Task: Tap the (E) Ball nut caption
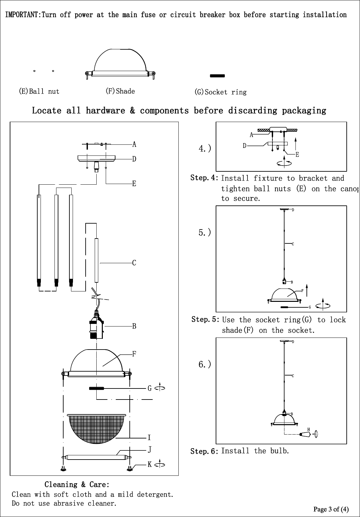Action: pyautogui.click(x=39, y=92)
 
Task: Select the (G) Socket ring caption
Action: pyautogui.click(x=221, y=92)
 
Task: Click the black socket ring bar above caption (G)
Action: pyautogui.click(x=217, y=76)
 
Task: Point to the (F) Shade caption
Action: pyautogui.click(x=120, y=91)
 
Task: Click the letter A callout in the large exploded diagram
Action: pyautogui.click(x=134, y=144)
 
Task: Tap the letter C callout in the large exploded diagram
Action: pyautogui.click(x=134, y=263)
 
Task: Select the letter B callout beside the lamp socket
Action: pyautogui.click(x=134, y=326)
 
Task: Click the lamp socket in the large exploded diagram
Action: pyautogui.click(x=96, y=326)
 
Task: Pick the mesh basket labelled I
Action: pyautogui.click(x=96, y=428)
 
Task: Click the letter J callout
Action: pyautogui.click(x=150, y=449)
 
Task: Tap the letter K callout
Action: pyautogui.click(x=150, y=464)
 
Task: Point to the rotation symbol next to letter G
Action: pyautogui.click(x=160, y=388)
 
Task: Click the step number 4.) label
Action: pyautogui.click(x=205, y=148)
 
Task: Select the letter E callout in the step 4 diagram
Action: pyautogui.click(x=297, y=154)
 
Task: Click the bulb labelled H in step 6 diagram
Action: pyautogui.click(x=305, y=434)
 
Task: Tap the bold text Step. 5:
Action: pyautogui.click(x=205, y=319)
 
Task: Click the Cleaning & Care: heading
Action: pyautogui.click(x=77, y=485)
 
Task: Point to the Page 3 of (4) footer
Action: pyautogui.click(x=331, y=509)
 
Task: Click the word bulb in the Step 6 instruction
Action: pyautogui.click(x=280, y=451)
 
